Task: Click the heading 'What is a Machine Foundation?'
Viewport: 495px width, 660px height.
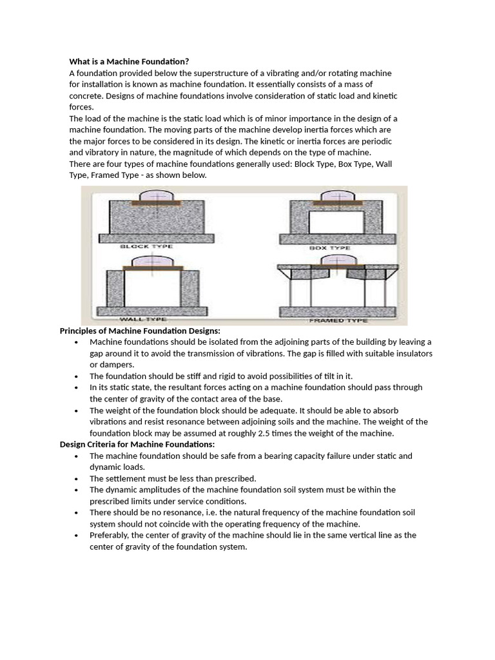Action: pyautogui.click(x=129, y=61)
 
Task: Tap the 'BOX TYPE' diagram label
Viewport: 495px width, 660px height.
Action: pyautogui.click(x=331, y=247)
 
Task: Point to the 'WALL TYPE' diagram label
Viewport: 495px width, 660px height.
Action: pyautogui.click(x=142, y=319)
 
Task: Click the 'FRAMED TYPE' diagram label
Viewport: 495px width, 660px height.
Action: pyautogui.click(x=338, y=320)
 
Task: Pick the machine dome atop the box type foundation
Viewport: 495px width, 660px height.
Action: pyautogui.click(x=332, y=197)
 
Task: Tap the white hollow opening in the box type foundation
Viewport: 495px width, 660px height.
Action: pyautogui.click(x=332, y=223)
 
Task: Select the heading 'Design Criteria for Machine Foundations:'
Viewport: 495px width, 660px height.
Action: pyautogui.click(x=137, y=444)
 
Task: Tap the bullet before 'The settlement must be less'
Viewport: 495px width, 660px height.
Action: pyautogui.click(x=76, y=479)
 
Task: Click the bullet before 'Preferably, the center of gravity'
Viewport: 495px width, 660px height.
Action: pyautogui.click(x=76, y=536)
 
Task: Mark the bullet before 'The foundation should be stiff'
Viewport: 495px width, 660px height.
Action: pyautogui.click(x=76, y=376)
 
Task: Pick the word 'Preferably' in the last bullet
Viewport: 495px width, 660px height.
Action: pyautogui.click(x=110, y=535)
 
